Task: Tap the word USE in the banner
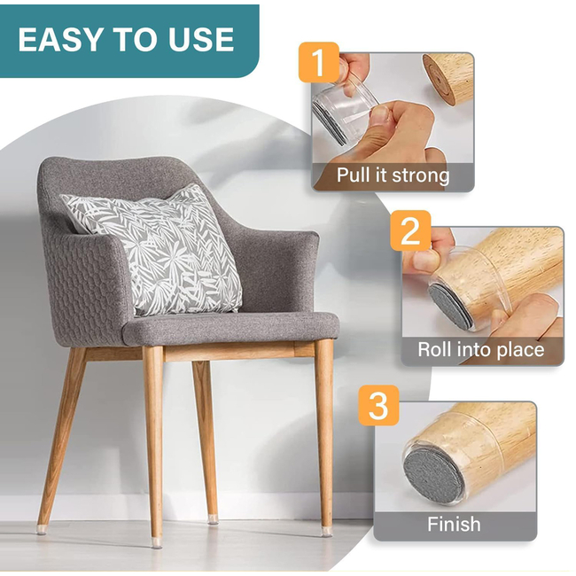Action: [201, 39]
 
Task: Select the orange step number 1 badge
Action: [318, 62]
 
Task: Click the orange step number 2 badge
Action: [410, 230]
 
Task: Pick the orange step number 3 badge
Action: [378, 405]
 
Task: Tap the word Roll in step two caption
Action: [433, 349]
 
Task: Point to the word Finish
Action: [454, 524]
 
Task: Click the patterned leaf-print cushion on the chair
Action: [158, 249]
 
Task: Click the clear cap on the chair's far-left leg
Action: [42, 529]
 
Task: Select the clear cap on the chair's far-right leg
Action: [327, 532]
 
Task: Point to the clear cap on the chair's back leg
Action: [213, 519]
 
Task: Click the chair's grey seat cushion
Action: [230, 329]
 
